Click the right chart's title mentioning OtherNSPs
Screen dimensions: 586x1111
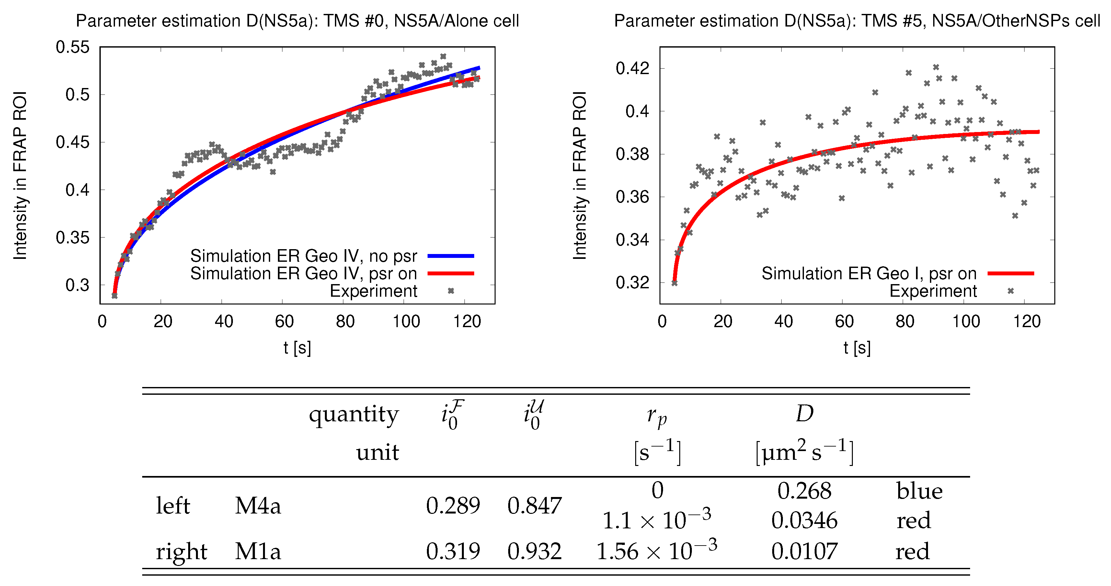coord(857,21)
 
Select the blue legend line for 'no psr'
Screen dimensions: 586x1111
coord(450,256)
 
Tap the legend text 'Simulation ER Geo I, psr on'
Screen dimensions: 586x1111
coord(869,274)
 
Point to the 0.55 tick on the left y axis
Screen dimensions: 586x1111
coord(73,47)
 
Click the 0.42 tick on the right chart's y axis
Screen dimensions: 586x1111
coord(632,68)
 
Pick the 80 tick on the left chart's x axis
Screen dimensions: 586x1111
coord(345,321)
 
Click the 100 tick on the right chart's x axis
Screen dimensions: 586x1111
coord(966,321)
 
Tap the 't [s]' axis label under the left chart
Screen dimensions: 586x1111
coord(297,348)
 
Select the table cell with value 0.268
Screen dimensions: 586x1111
coord(804,491)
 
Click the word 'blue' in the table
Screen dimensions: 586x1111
coord(919,491)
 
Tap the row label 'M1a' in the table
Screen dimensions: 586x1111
coord(258,551)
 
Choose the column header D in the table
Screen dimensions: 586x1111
coord(804,414)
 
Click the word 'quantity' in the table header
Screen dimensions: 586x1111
coord(354,415)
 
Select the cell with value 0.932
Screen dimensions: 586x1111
coord(534,551)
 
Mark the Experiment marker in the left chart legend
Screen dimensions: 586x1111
coord(450,291)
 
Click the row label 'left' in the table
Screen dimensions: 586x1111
coord(173,505)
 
